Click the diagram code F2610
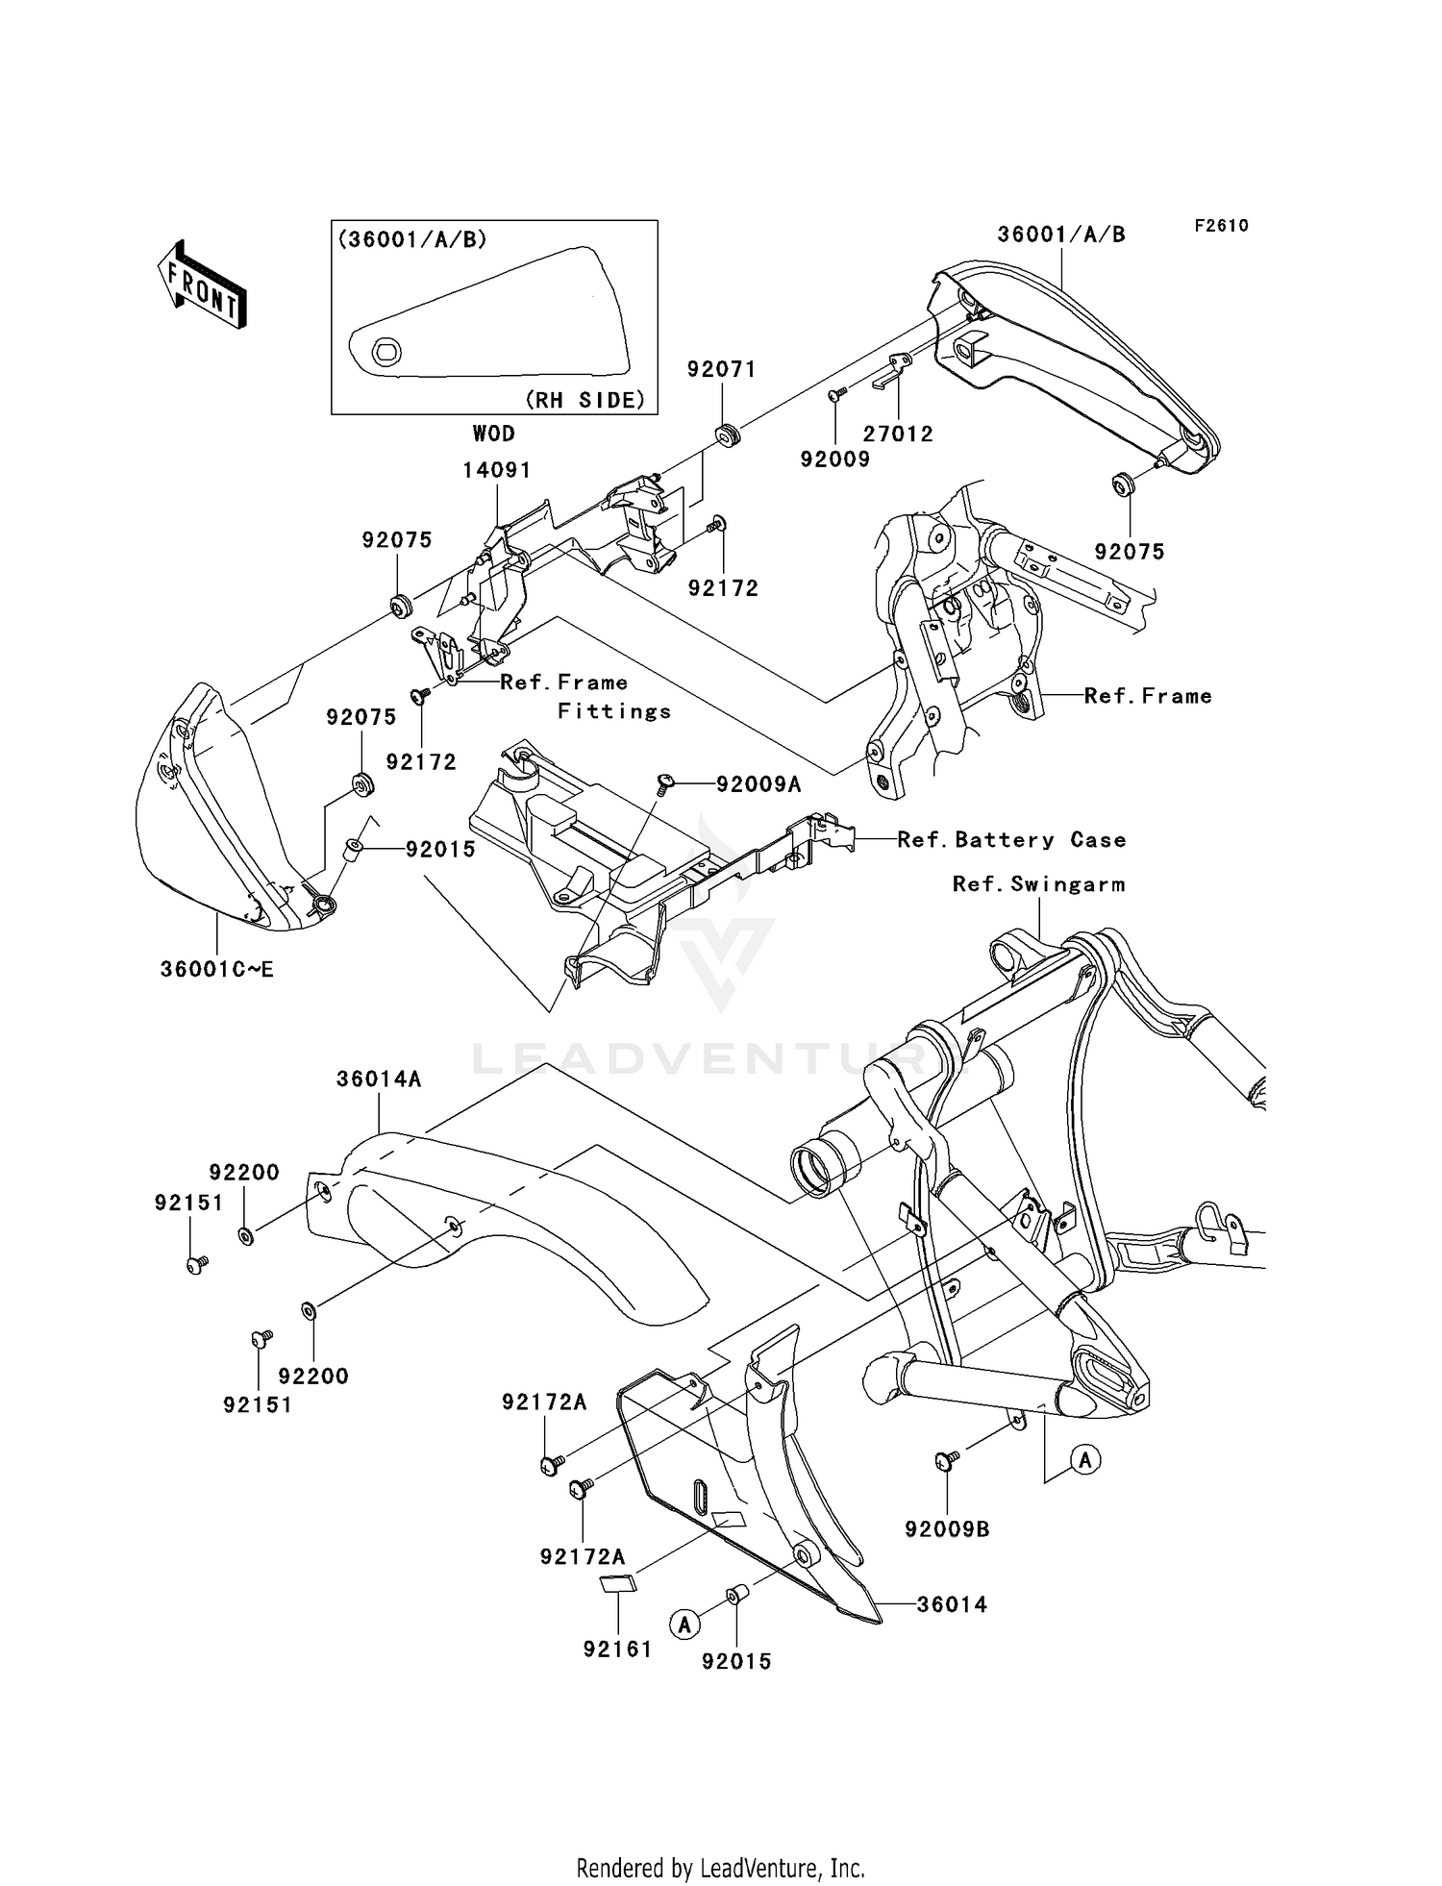coord(1221,226)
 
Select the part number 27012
coord(897,434)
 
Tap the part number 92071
coord(721,370)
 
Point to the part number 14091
coord(496,470)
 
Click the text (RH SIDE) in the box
coord(585,400)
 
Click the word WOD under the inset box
coord(493,434)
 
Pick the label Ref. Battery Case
coord(1010,840)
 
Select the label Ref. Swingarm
coord(1038,884)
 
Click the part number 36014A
coord(379,1079)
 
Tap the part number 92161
coord(617,1650)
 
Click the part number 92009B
coord(947,1529)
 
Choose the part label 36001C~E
coord(217,969)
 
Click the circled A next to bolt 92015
coord(684,1625)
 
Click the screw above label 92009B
coord(946,1461)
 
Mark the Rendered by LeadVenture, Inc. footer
coord(720,1867)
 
